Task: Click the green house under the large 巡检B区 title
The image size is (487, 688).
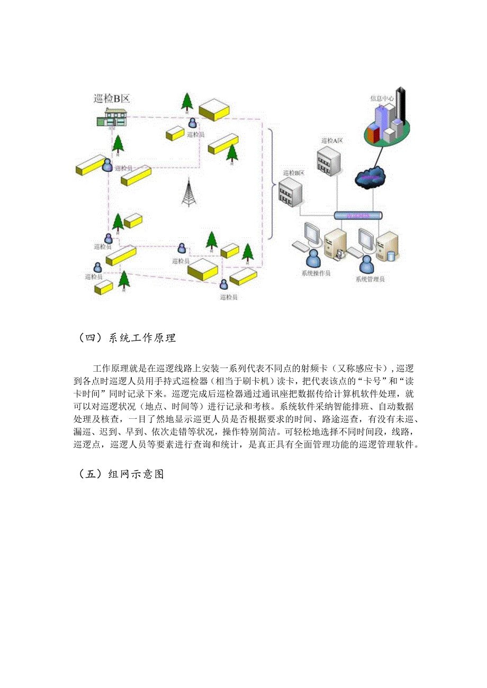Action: coord(113,117)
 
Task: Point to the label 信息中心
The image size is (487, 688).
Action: coord(381,98)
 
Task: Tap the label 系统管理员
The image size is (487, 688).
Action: coord(369,279)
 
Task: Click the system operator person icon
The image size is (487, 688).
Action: coord(313,259)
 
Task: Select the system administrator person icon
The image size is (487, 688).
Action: coord(366,263)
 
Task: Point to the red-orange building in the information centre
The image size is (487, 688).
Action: coord(373,135)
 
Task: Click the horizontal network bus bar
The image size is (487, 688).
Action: coord(358,216)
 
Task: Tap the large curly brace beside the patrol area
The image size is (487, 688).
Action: coord(270,185)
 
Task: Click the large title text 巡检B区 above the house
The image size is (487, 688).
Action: coord(111,98)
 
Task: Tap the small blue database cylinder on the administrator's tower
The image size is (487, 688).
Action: coord(391,256)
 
